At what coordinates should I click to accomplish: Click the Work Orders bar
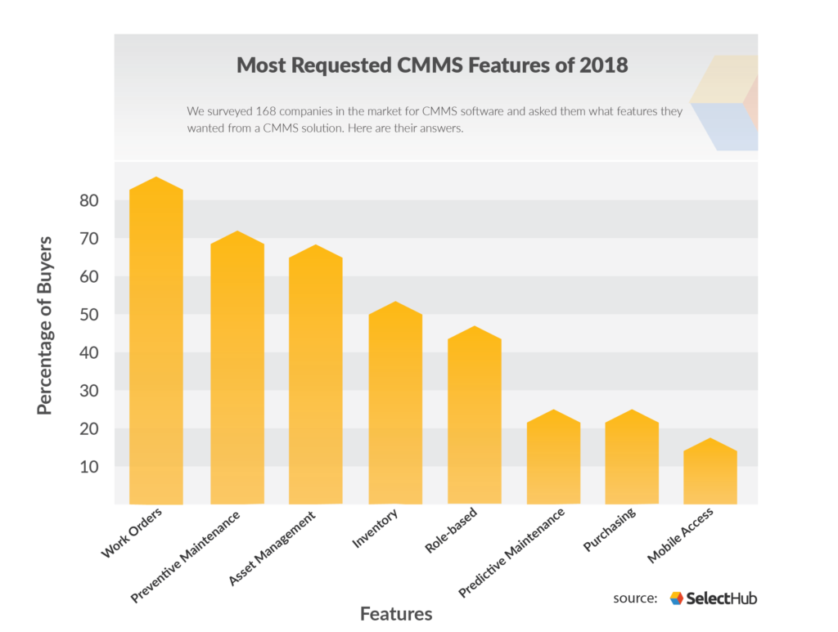point(155,343)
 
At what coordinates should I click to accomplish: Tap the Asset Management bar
point(315,376)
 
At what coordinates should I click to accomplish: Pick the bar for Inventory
point(395,405)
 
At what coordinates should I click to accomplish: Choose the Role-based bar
point(475,417)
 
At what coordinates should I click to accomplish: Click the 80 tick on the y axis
point(90,201)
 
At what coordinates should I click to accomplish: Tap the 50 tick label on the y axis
point(90,316)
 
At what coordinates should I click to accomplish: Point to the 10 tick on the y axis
point(90,468)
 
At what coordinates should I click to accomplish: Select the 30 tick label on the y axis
point(90,392)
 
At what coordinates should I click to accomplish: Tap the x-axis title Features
point(396,613)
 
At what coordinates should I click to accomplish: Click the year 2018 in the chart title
point(603,65)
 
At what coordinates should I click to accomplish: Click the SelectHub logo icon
point(676,598)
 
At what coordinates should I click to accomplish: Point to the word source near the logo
point(635,598)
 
